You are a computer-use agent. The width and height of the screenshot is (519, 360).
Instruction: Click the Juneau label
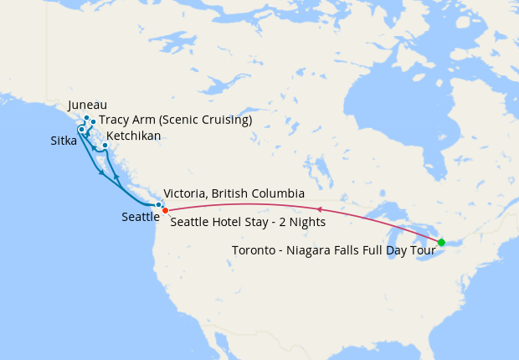pos(87,105)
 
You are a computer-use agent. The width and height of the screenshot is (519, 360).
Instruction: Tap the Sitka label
pos(64,141)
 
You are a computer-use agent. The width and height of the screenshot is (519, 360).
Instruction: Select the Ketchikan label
pos(134,135)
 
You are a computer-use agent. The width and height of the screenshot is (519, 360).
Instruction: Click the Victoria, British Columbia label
pos(234,193)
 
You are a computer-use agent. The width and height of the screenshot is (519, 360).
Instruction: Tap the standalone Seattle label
pos(140,217)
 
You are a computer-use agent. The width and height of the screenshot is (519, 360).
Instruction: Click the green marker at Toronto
pos(441,243)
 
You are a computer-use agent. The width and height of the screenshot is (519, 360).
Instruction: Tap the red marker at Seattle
pos(165,209)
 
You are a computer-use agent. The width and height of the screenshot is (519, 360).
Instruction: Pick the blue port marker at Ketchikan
pos(105,146)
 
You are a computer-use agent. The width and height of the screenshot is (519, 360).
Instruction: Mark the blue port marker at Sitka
pos(81,129)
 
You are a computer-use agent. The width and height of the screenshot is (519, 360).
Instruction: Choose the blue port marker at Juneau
pos(86,118)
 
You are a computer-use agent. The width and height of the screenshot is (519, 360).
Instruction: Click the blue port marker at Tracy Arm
pos(93,122)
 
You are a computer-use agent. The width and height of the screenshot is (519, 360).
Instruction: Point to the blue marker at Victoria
pos(158,204)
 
